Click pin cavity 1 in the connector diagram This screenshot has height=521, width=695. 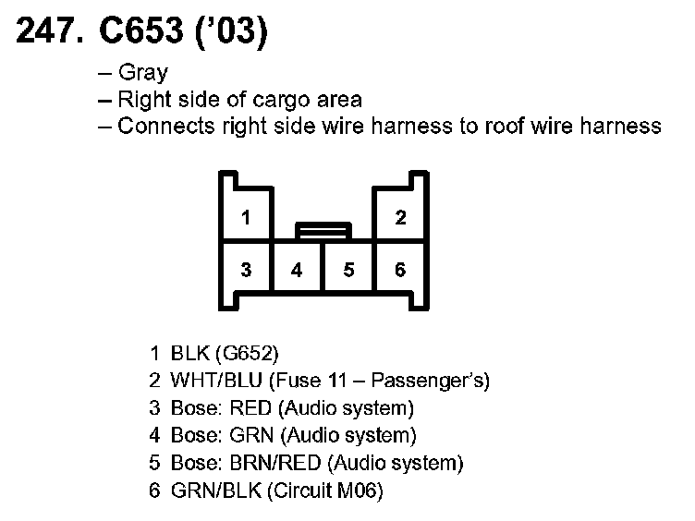(x=245, y=218)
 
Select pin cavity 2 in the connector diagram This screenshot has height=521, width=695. (x=400, y=218)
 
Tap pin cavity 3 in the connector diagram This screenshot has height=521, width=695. (x=245, y=270)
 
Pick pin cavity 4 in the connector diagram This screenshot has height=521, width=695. (x=297, y=271)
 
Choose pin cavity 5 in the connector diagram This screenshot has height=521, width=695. (x=348, y=271)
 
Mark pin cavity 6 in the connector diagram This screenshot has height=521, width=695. (x=400, y=270)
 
